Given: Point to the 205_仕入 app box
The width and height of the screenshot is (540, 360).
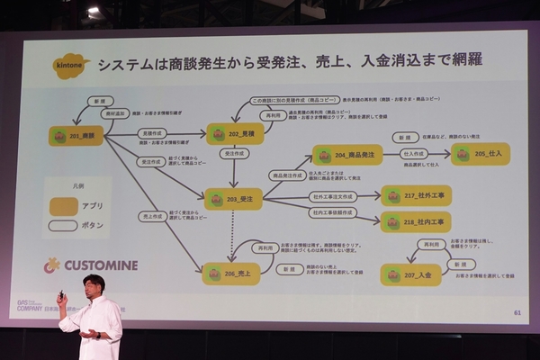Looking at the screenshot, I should pyautogui.click(x=480, y=154).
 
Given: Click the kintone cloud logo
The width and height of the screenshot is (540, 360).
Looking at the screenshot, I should pyautogui.click(x=72, y=66).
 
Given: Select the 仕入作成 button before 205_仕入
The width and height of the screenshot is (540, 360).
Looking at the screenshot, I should pyautogui.click(x=413, y=154).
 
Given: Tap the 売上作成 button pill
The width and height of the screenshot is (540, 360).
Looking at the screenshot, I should pyautogui.click(x=151, y=217).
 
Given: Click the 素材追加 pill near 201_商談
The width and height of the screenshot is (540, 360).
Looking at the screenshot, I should pyautogui.click(x=116, y=114).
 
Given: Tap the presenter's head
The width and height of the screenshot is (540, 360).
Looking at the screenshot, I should pyautogui.click(x=94, y=285).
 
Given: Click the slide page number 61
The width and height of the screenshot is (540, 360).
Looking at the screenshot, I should pyautogui.click(x=517, y=312).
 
